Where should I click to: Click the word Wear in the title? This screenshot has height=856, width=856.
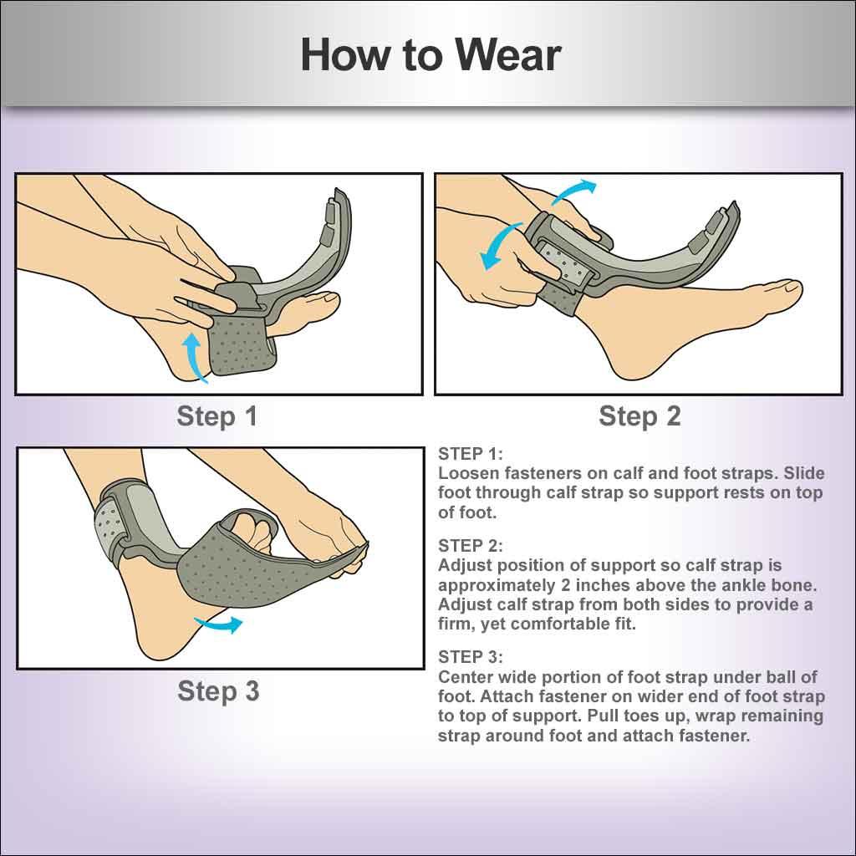click(x=508, y=55)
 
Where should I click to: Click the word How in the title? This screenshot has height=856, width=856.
click(x=344, y=55)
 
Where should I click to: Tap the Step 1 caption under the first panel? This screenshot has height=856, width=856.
click(x=217, y=416)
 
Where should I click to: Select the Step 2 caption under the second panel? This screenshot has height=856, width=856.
click(x=639, y=416)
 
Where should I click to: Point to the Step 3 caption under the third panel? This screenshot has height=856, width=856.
click(x=218, y=691)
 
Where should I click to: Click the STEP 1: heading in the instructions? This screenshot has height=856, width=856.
click(x=471, y=454)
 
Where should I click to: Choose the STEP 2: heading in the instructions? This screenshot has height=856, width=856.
click(x=471, y=546)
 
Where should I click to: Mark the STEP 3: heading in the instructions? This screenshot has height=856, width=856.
click(x=471, y=656)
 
